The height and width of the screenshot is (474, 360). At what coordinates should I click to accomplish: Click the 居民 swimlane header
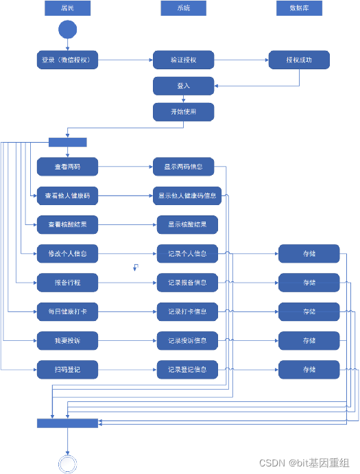[67, 8]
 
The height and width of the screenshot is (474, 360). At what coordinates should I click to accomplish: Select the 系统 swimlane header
[183, 8]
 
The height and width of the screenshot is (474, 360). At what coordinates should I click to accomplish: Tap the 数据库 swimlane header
[299, 8]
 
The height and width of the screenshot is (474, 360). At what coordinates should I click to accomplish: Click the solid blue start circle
[68, 30]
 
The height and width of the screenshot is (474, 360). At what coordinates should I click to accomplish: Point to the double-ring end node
[67, 464]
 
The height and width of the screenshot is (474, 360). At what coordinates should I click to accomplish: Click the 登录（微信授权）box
[67, 60]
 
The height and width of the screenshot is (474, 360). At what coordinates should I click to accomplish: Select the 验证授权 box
[183, 60]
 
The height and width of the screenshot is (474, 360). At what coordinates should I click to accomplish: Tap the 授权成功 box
[299, 60]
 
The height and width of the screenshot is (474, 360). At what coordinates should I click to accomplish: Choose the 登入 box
[183, 86]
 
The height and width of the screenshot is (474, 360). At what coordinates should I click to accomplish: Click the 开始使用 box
[183, 112]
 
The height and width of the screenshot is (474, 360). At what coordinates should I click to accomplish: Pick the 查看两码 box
[67, 167]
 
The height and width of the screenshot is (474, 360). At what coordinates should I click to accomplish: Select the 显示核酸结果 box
[187, 224]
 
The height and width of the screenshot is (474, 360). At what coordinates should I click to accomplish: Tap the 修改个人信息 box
[67, 253]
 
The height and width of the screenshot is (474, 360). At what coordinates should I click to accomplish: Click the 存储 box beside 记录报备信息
[309, 283]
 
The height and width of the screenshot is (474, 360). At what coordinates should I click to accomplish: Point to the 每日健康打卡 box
[67, 311]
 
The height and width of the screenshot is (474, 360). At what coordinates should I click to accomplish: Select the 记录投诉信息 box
[187, 340]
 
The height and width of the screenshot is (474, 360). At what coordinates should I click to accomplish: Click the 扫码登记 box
[67, 370]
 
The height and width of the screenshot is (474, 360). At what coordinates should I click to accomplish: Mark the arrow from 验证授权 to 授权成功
[241, 60]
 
